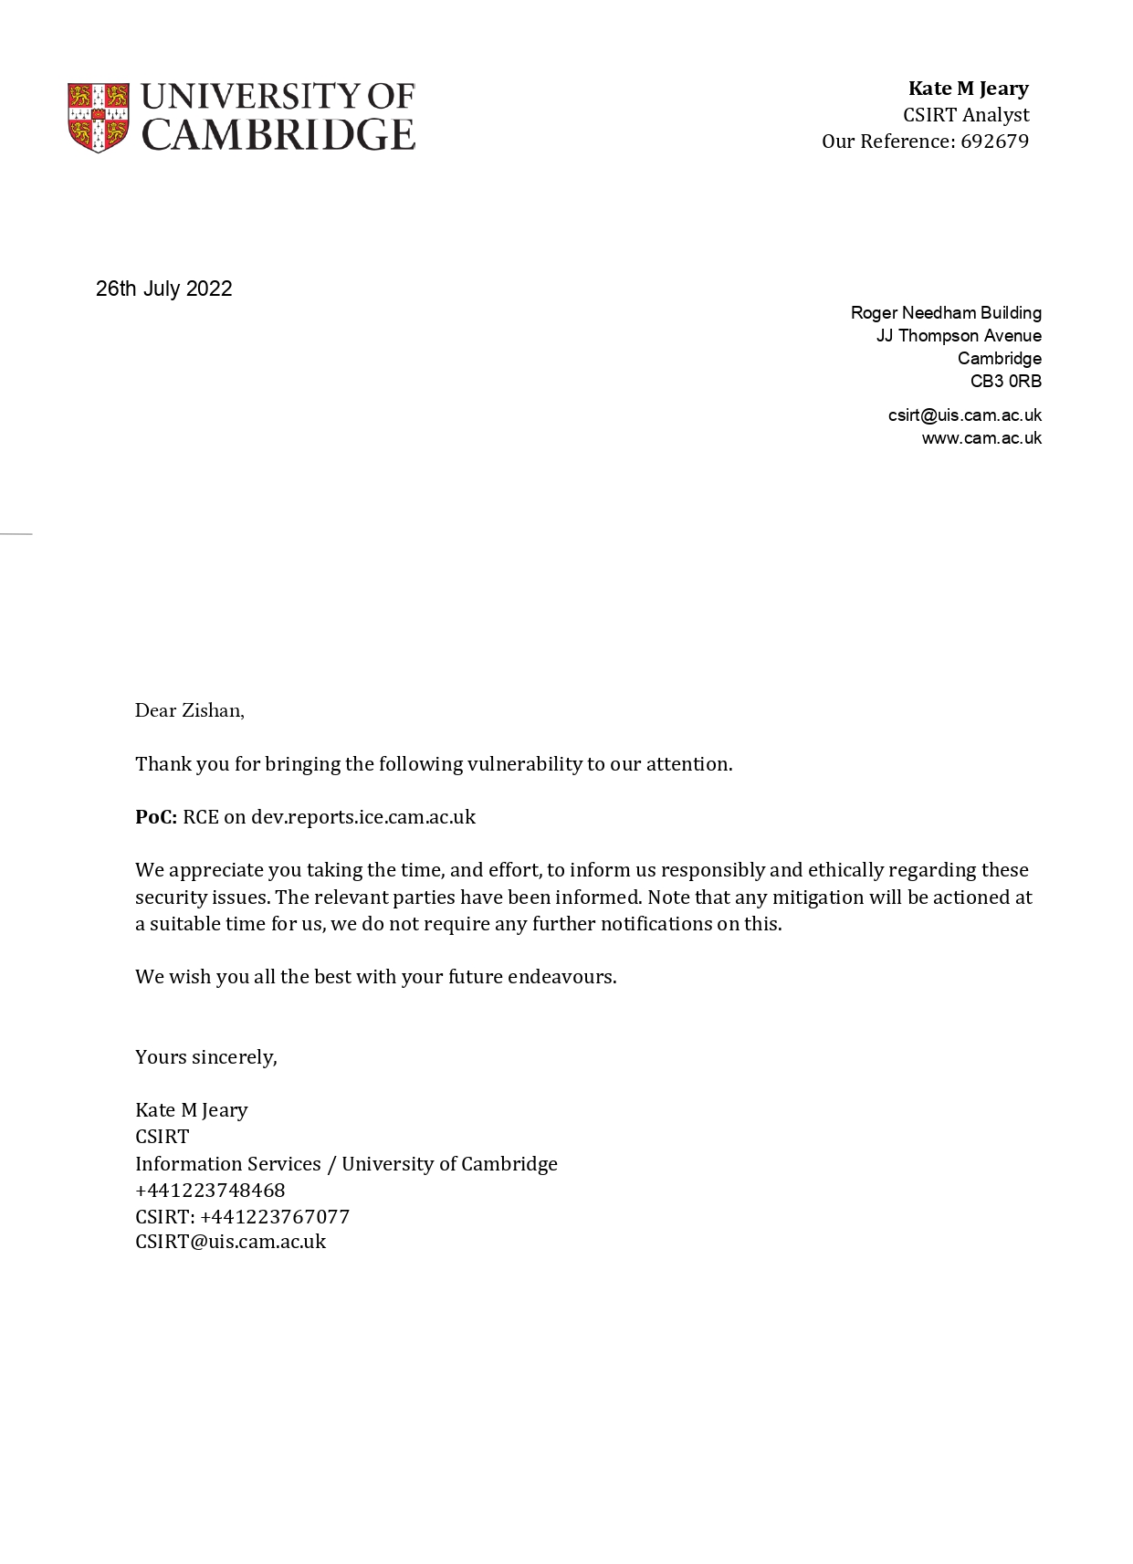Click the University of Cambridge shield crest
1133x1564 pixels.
[99, 118]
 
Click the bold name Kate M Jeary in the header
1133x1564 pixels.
[968, 89]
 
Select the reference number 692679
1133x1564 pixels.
[994, 142]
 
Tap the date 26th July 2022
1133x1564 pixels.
[164, 289]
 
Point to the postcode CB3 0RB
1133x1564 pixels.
[1005, 382]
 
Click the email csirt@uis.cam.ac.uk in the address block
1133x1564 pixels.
[964, 415]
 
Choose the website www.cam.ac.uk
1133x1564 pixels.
[981, 438]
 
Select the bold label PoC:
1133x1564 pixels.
[156, 817]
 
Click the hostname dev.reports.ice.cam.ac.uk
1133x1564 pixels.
[363, 817]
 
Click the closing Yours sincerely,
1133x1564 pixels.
[206, 1057]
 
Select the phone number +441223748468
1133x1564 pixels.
[210, 1191]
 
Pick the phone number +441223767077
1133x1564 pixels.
[275, 1217]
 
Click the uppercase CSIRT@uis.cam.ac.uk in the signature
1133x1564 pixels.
[230, 1242]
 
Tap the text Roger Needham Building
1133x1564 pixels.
[946, 313]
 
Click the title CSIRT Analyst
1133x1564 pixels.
[966, 115]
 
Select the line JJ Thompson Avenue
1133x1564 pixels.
[959, 336]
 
